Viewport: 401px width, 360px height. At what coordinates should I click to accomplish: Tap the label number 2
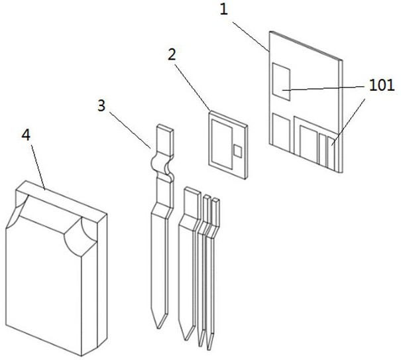click(x=172, y=55)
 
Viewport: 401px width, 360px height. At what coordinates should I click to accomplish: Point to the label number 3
click(x=101, y=104)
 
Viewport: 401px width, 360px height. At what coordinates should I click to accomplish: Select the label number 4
click(x=25, y=135)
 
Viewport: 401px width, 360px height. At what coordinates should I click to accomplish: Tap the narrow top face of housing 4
click(x=60, y=199)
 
